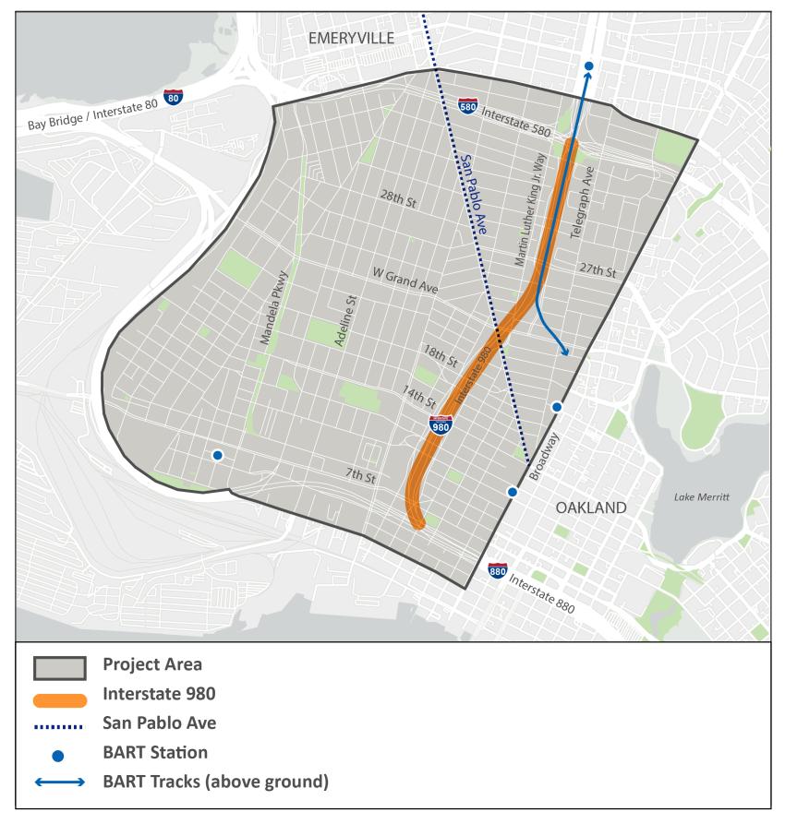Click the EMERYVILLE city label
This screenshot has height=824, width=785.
[351, 38]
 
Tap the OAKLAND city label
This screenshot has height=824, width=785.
[591, 508]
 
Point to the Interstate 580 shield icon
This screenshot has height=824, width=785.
[467, 107]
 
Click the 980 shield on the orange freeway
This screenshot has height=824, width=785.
[441, 425]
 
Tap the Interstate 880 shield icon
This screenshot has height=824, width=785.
[498, 571]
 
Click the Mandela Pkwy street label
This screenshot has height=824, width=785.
[274, 309]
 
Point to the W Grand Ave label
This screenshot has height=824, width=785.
[405, 281]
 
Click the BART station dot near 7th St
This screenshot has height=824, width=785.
[218, 455]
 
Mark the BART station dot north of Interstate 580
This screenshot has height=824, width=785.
[588, 66]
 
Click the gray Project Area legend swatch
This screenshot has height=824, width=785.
[60, 665]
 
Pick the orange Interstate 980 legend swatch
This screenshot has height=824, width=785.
[60, 694]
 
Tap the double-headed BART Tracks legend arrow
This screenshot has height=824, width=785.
[60, 782]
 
